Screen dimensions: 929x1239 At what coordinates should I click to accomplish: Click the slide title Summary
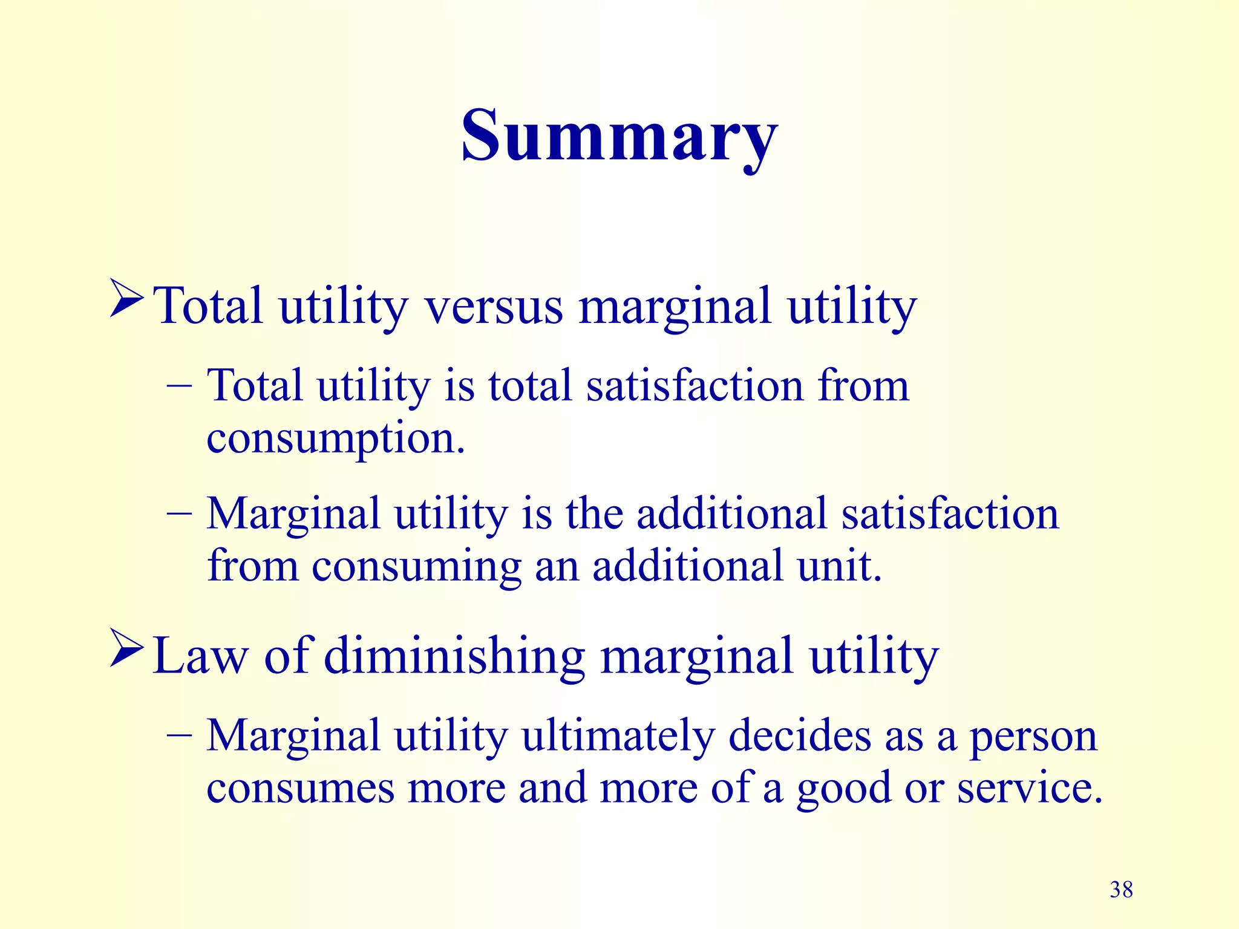(619, 136)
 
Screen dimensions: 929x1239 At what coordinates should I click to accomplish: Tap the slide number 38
(1121, 890)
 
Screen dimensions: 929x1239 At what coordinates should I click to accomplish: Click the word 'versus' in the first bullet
(494, 307)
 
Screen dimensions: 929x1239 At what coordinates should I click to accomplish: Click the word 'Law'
(200, 657)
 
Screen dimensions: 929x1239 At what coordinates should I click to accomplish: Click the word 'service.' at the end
(1029, 789)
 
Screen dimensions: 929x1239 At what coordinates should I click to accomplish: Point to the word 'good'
(843, 790)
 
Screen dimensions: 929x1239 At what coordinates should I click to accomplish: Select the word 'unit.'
(839, 567)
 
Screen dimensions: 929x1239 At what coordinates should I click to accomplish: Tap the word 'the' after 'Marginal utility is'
(594, 515)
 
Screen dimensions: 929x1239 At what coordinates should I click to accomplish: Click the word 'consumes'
(300, 789)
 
